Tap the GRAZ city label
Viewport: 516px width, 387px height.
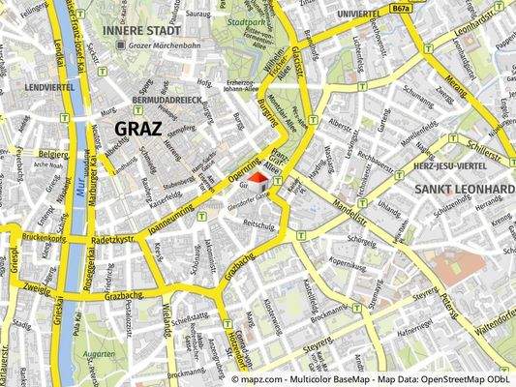coord(138,128)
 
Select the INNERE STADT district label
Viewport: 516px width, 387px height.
coord(137,30)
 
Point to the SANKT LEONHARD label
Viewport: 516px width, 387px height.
coord(463,189)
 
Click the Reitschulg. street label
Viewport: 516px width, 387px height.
coord(258,223)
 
